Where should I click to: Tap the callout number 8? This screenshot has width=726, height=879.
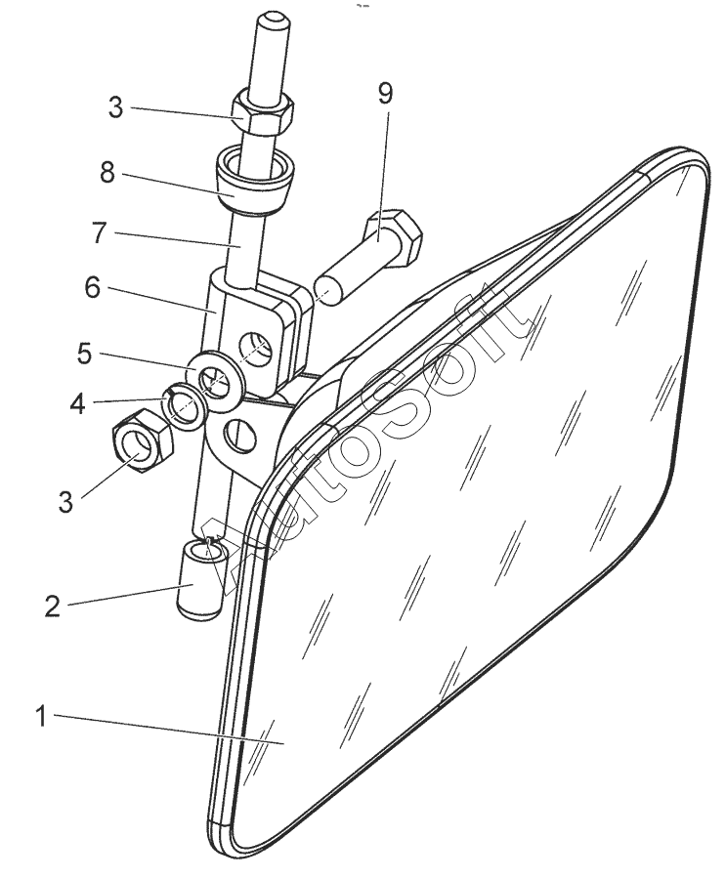[107, 173]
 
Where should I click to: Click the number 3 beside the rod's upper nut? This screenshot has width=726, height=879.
[116, 108]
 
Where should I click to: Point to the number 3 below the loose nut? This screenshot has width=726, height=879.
[64, 503]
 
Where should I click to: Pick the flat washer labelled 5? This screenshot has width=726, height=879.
[216, 375]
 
